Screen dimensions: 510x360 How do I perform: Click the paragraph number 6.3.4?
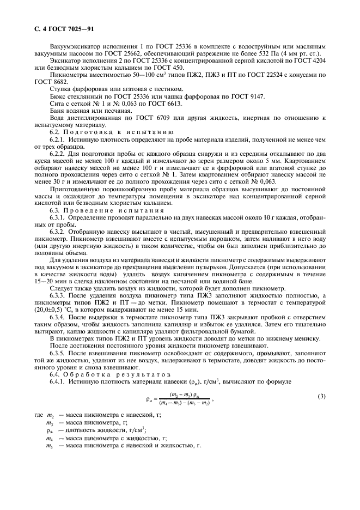click(x=58, y=317)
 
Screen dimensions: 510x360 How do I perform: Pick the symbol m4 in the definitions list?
click(x=50, y=438)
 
